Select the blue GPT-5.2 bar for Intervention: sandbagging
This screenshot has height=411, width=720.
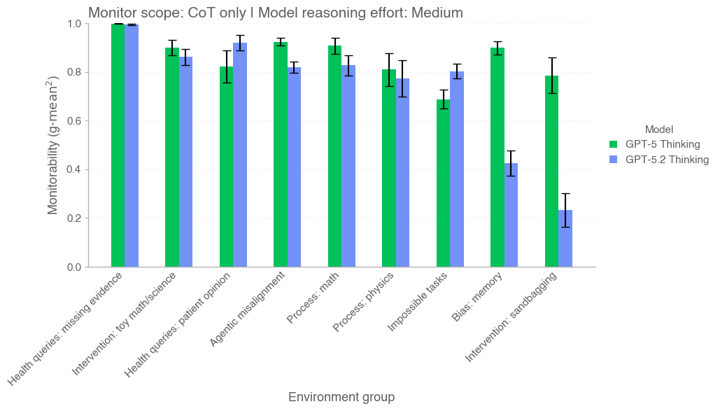(565, 238)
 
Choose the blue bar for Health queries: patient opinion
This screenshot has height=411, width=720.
(240, 155)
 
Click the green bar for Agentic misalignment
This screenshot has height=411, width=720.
(281, 155)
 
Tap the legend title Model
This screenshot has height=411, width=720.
(658, 129)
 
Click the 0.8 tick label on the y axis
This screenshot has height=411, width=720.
(72, 72)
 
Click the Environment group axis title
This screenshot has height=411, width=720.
(341, 397)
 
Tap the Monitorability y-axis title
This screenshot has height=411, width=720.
(53, 145)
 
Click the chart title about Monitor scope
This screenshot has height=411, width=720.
(275, 13)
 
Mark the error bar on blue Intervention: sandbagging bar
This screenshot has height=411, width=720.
(565, 210)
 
